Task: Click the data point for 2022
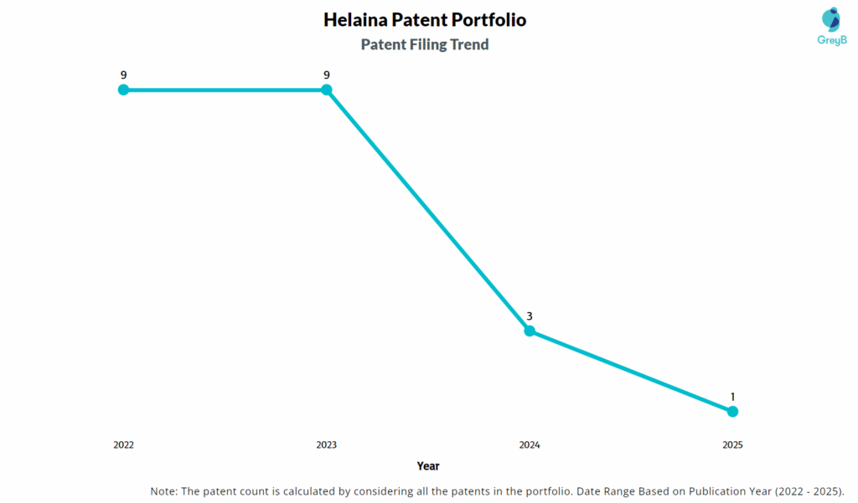tap(123, 90)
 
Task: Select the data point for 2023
tap(327, 90)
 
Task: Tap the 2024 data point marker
tap(530, 331)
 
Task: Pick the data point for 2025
tap(732, 411)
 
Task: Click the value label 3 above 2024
tap(530, 316)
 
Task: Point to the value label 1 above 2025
tap(732, 396)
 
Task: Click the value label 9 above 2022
tap(123, 74)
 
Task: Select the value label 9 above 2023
tap(327, 74)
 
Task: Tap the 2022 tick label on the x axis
tap(123, 445)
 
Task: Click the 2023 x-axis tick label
tap(327, 445)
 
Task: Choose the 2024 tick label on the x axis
tap(530, 445)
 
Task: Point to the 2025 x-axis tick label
tap(732, 445)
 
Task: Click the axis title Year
tap(428, 466)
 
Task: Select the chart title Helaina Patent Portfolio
tap(425, 20)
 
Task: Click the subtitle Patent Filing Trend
tap(425, 44)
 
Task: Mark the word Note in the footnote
tap(163, 490)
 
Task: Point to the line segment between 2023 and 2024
tap(428, 210)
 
